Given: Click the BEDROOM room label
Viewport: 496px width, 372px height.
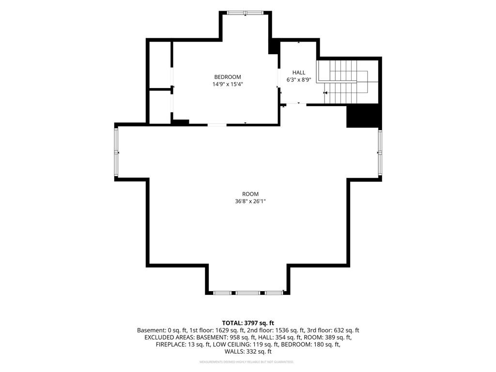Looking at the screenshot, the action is coord(228,77).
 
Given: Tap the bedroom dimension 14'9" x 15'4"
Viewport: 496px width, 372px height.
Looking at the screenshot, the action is coord(228,84).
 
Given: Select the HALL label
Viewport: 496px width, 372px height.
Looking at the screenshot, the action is coord(298,73).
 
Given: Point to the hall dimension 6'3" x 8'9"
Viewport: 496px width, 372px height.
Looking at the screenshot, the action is coord(298,80).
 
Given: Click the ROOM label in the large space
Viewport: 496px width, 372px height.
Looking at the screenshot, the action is coord(250,194).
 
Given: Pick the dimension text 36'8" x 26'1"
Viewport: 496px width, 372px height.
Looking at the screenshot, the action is coord(250,201).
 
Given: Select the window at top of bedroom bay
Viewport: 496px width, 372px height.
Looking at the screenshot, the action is coord(246,13).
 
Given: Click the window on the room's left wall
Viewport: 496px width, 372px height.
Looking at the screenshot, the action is coord(116,152).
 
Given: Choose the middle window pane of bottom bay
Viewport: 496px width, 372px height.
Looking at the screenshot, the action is coord(248,293).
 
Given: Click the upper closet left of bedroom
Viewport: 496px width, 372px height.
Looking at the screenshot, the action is coord(160,64).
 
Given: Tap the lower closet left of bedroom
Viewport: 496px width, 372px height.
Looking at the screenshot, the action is coord(160,107).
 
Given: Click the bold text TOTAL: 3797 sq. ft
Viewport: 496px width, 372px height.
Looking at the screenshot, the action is coord(248,323).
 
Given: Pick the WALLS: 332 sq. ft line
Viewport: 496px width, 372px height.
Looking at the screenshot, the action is coord(248,352).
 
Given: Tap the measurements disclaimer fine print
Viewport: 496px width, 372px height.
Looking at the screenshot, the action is coord(247,362).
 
